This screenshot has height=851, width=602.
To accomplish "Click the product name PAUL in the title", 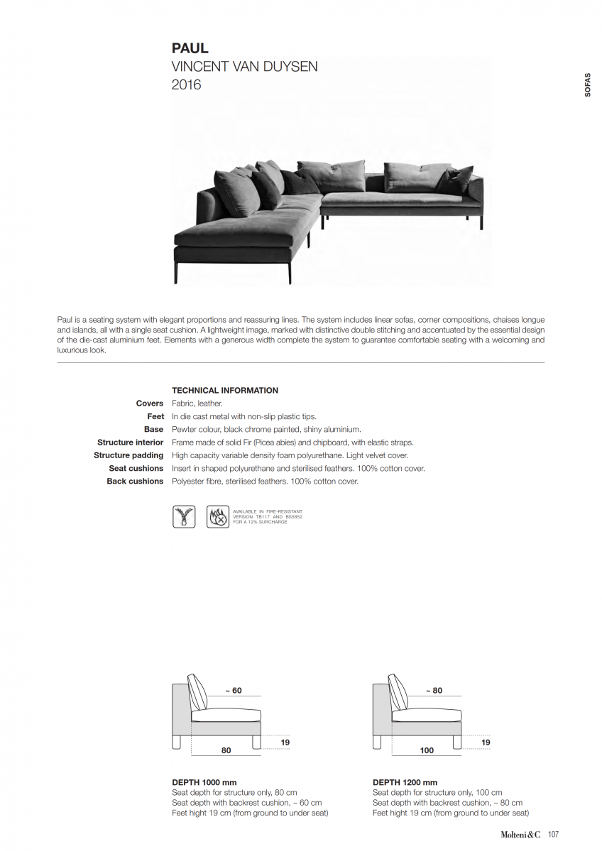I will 190,49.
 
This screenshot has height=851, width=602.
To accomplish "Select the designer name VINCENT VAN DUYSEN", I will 244,67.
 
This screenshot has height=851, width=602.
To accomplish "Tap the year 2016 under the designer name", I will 186,85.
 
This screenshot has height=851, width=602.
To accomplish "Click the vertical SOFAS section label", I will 586,84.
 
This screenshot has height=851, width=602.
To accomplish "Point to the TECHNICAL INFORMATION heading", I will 225,390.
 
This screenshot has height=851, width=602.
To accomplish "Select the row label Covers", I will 150,404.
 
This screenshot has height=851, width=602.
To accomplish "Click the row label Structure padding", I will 128,455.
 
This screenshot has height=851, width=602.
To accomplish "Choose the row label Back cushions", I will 135,482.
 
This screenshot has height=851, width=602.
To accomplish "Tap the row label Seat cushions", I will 136,468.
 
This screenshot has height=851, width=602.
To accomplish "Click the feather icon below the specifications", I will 184,516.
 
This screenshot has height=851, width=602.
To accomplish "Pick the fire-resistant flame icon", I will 217,516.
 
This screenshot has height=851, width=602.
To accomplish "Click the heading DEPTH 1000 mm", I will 204,782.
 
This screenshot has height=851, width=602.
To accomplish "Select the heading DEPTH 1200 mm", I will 405,782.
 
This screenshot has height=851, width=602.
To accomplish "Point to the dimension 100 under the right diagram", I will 426,750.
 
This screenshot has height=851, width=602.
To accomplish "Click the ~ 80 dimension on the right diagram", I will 433,690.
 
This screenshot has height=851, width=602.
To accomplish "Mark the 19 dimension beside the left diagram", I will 285,742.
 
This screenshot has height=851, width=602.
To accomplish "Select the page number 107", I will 553,835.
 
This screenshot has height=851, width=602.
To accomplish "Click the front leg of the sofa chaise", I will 290,272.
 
